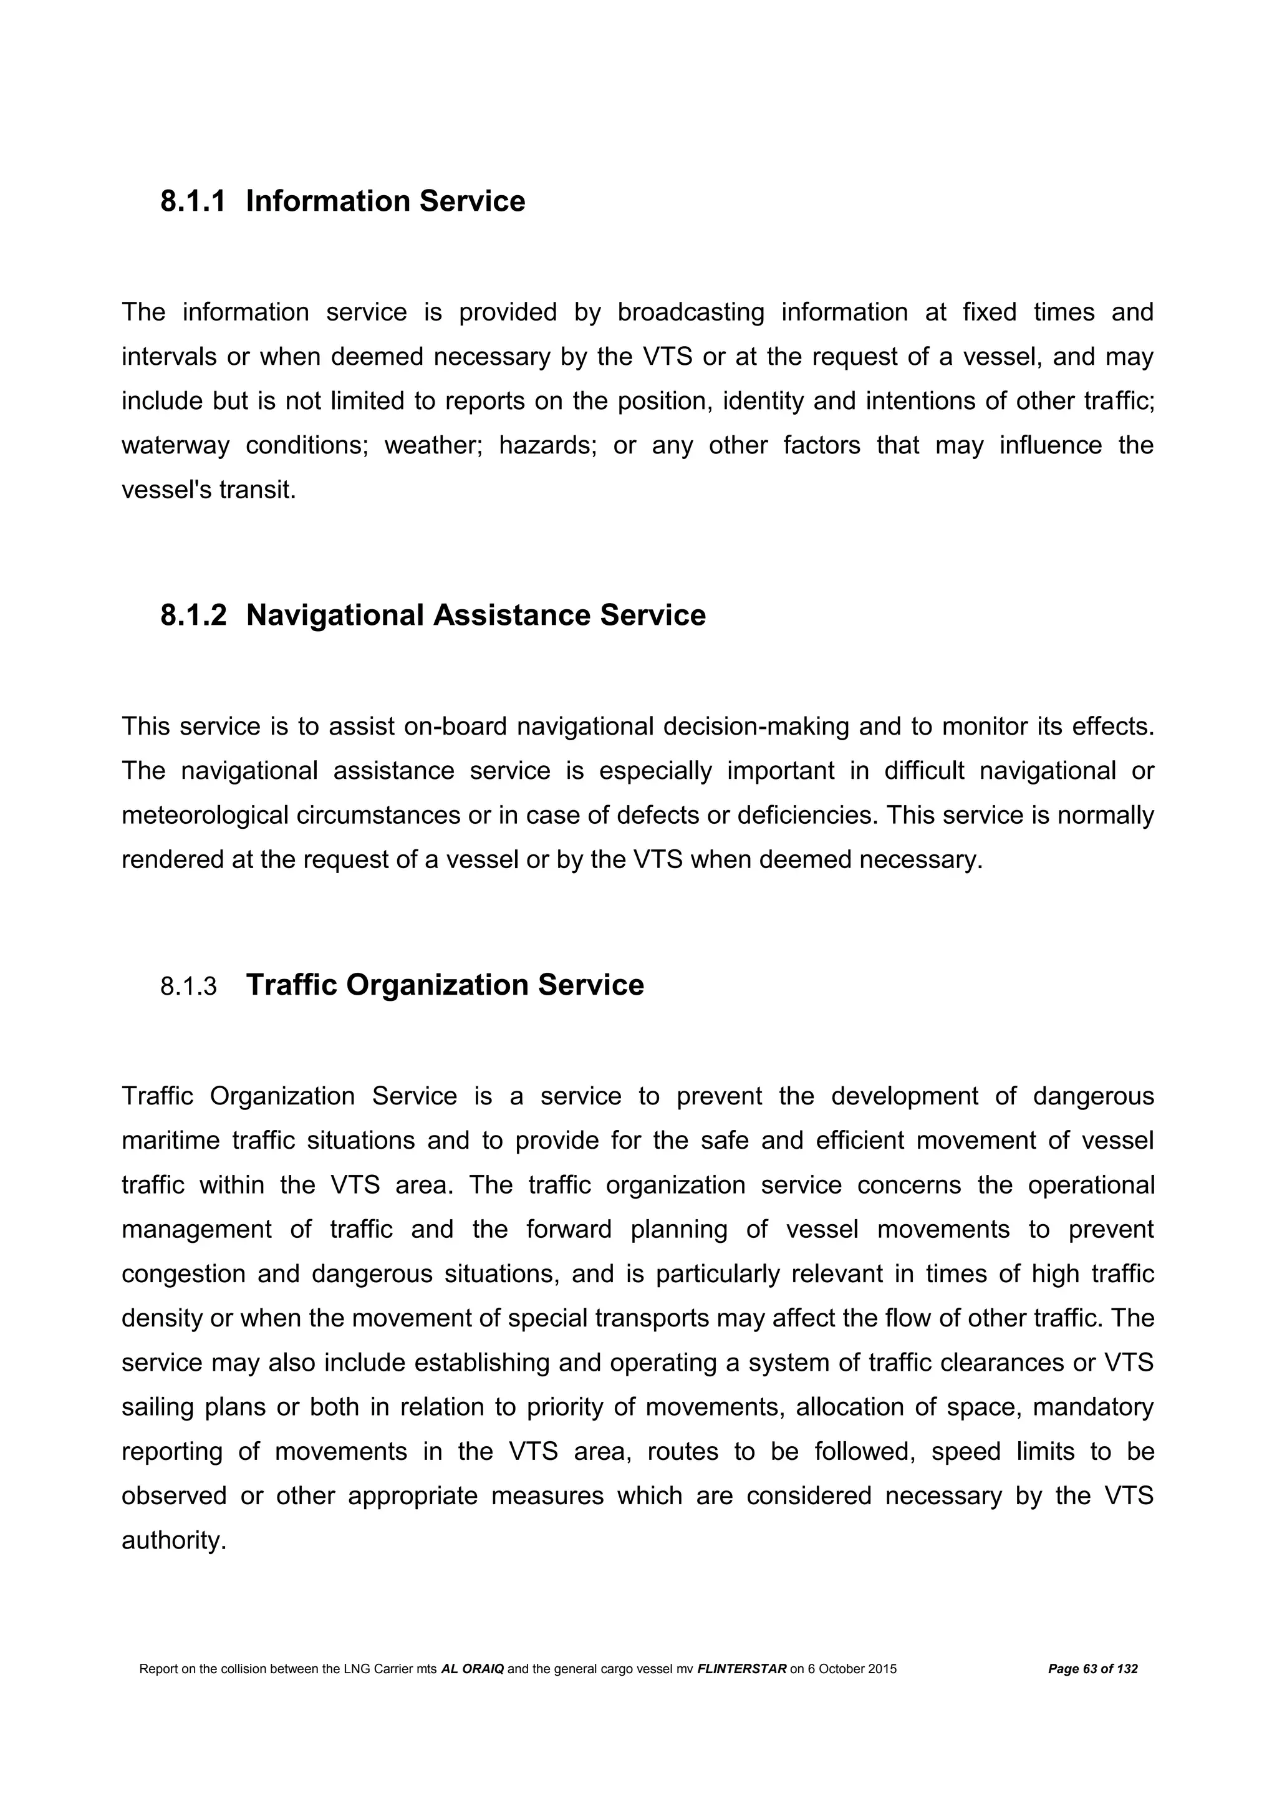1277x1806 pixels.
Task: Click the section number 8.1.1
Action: [x=193, y=201]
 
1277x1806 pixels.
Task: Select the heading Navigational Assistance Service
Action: [x=476, y=615]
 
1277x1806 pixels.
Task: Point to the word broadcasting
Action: [x=690, y=312]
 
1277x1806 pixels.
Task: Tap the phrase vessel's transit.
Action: [x=208, y=490]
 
